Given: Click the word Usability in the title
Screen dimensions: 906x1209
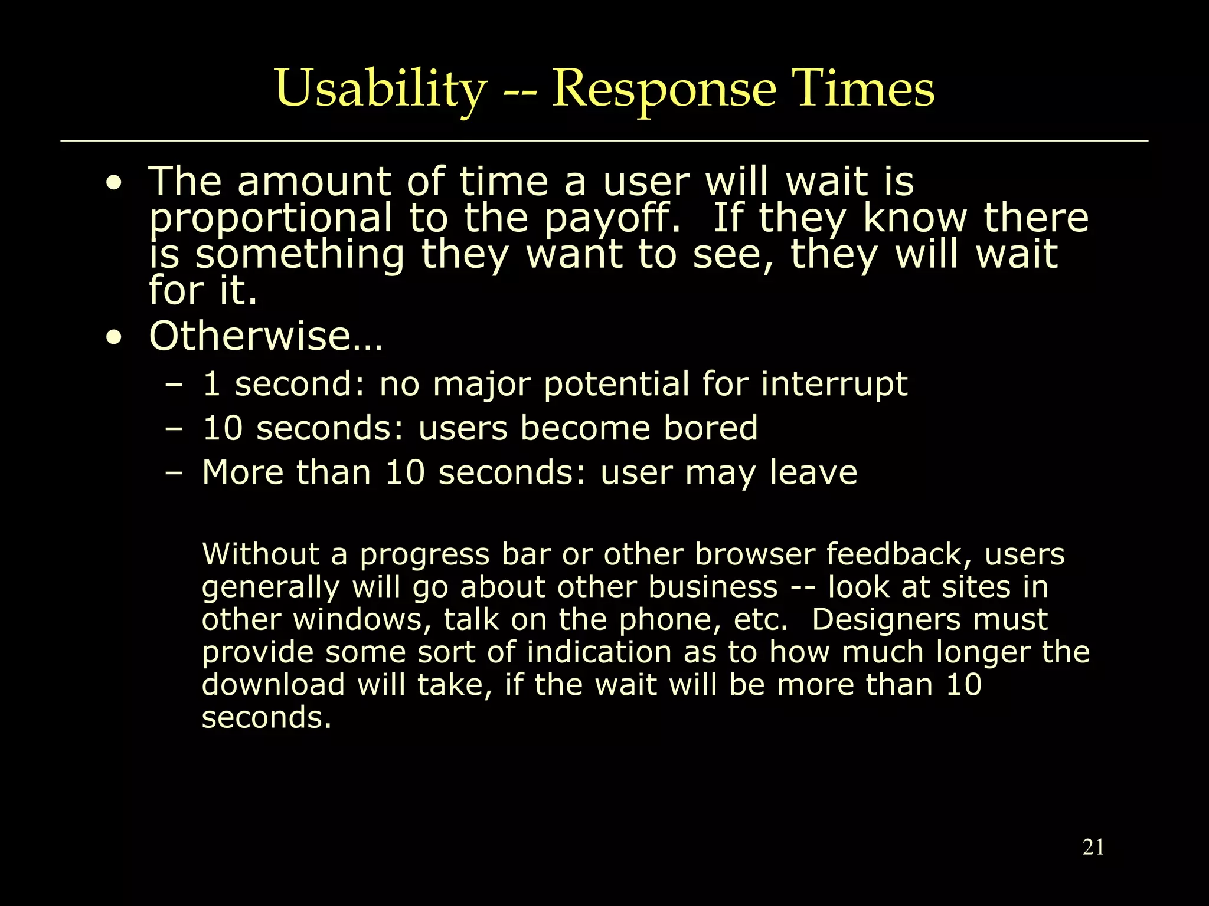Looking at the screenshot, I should coord(380,90).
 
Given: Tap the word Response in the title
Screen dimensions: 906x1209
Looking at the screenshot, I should coord(664,90).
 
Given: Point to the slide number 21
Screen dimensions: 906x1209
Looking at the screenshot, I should coord(1093,847).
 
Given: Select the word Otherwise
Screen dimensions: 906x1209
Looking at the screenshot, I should coord(266,336).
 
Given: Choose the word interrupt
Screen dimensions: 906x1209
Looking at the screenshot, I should coord(834,385).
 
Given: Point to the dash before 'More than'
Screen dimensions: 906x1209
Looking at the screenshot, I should coord(174,473).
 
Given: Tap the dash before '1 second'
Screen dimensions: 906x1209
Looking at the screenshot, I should coord(174,385).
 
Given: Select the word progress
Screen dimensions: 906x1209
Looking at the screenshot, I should coord(424,555).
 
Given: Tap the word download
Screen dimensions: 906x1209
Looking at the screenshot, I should coord(273,685).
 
